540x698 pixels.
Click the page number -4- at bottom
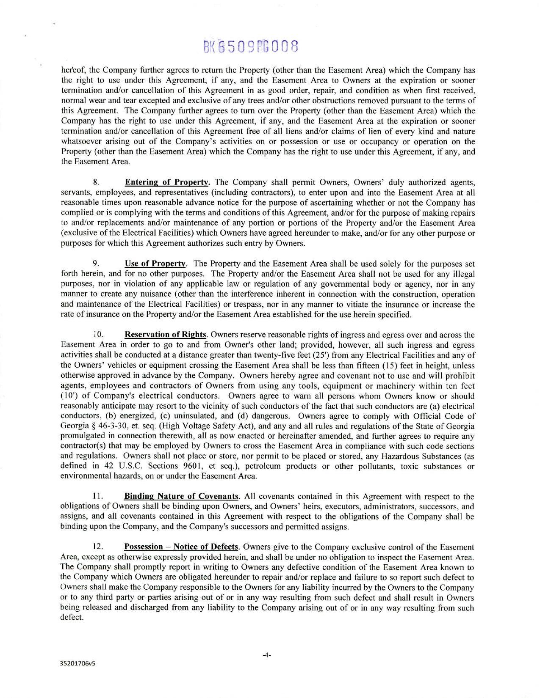(266, 655)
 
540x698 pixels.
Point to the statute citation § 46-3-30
(110, 426)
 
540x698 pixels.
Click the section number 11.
(96, 496)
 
